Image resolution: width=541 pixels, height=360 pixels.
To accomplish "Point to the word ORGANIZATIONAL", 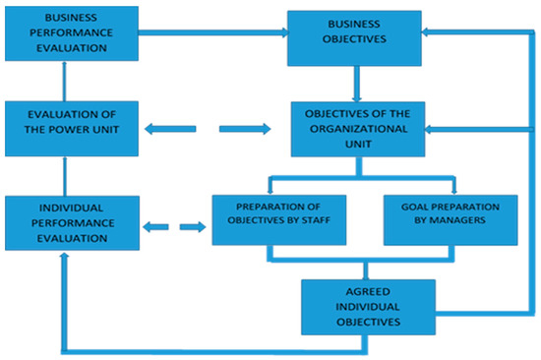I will pyautogui.click(x=359, y=129).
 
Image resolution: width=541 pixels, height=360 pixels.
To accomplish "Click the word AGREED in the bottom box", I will pyautogui.click(x=366, y=293).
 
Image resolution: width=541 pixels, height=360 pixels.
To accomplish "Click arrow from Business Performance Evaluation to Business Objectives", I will pyautogui.click(x=211, y=32).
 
